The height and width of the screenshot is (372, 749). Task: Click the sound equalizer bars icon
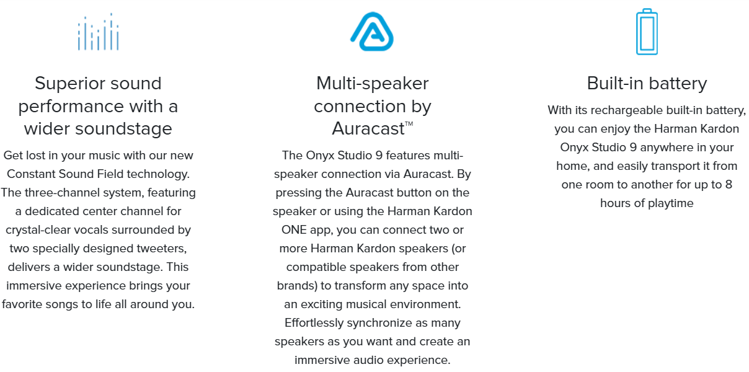pyautogui.click(x=98, y=32)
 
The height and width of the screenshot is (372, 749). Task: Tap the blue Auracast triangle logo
pyautogui.click(x=372, y=32)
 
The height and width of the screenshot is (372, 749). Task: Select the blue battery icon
pyautogui.click(x=647, y=32)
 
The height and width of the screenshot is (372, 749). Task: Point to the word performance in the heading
pyautogui.click(x=71, y=107)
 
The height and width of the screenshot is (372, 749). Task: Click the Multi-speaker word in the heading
pyautogui.click(x=372, y=84)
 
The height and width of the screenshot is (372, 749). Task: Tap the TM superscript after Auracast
pyautogui.click(x=409, y=123)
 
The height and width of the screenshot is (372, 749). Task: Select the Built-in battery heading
pyautogui.click(x=647, y=83)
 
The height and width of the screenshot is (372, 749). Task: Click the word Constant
pyautogui.click(x=31, y=174)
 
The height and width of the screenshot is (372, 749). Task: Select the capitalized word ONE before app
pyautogui.click(x=293, y=230)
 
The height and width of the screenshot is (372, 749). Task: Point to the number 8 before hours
pyautogui.click(x=729, y=185)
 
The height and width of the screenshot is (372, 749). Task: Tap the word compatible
pyautogui.click(x=316, y=267)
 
